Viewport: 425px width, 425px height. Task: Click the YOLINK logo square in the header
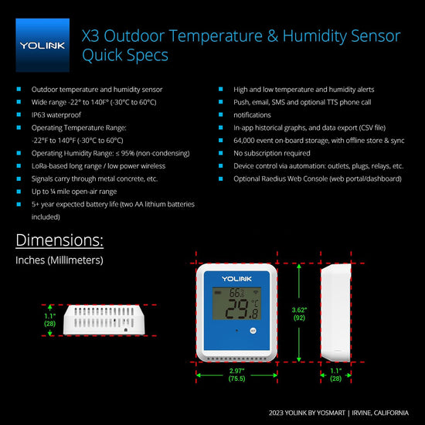(x=42, y=45)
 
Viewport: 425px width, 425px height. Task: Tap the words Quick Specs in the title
(x=125, y=56)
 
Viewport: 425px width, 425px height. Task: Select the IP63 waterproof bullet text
(x=56, y=115)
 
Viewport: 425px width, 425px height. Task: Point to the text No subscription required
(x=272, y=153)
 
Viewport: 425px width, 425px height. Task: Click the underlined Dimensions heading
(x=59, y=240)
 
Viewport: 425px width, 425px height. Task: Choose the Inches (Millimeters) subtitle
(x=59, y=260)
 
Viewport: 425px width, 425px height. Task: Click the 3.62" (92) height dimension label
(x=299, y=314)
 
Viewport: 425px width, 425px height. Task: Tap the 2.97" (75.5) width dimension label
(x=236, y=375)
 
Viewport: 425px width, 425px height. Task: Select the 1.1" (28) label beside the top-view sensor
(x=50, y=320)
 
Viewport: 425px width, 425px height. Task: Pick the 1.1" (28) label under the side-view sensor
(x=336, y=375)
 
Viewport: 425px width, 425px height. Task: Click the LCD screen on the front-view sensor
(x=236, y=304)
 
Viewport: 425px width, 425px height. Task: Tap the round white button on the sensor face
(x=253, y=331)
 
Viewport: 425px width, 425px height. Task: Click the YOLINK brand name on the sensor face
(x=236, y=279)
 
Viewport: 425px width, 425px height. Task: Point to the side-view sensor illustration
(x=336, y=312)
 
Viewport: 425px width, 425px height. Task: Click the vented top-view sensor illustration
(x=104, y=320)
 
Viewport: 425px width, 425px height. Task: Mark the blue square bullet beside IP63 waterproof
(x=19, y=114)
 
